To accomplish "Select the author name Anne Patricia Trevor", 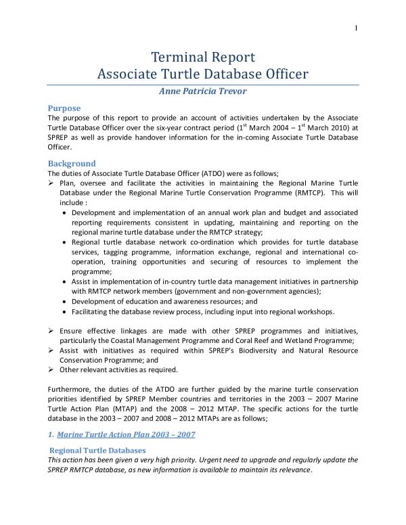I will coord(202,91).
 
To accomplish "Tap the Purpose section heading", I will coord(64,108).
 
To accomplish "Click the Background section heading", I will coord(71,163).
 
